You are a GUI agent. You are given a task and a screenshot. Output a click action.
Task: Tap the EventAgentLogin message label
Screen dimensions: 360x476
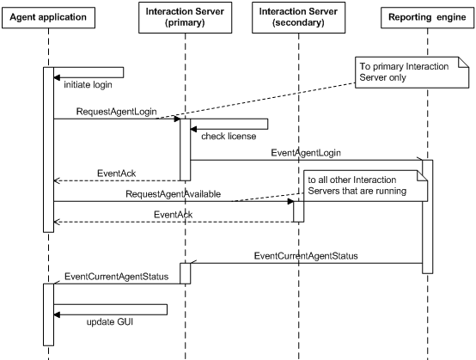[x=307, y=152]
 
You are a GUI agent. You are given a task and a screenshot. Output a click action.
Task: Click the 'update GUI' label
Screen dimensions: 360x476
[x=109, y=322]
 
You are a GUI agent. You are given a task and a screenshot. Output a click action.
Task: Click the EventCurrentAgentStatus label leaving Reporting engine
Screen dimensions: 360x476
[x=305, y=256]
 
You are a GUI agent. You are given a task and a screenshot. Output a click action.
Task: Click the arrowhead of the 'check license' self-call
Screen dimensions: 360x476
[x=194, y=129]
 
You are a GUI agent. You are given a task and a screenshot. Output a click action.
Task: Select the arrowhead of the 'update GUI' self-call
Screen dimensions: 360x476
[x=58, y=314]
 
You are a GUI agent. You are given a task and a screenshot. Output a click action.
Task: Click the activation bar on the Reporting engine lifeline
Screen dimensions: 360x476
[x=427, y=215]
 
